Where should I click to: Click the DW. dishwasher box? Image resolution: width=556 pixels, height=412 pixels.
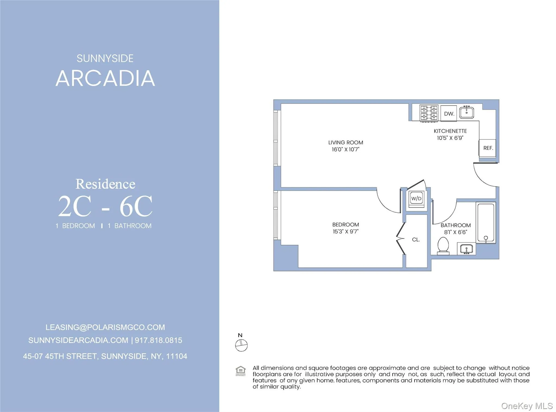click(448, 113)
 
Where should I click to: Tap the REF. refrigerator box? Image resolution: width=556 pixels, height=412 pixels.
click(488, 148)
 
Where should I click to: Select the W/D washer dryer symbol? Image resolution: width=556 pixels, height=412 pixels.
click(416, 198)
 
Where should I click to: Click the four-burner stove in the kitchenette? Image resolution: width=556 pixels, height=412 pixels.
click(429, 113)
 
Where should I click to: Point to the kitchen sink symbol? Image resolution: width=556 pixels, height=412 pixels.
click(466, 113)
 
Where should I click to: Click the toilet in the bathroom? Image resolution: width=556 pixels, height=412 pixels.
click(443, 246)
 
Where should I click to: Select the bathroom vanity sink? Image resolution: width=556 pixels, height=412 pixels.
click(466, 249)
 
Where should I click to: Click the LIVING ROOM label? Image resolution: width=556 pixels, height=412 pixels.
click(345, 142)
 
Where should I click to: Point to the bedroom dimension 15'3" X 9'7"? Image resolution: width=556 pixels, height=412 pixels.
click(345, 232)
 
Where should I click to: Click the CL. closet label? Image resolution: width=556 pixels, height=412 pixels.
click(416, 240)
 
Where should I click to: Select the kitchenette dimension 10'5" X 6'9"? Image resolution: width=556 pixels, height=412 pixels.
click(450, 138)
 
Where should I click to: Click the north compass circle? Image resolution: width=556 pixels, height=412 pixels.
click(241, 346)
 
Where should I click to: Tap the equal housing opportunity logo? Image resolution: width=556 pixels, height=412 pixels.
click(241, 371)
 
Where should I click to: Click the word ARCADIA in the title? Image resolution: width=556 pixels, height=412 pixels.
click(105, 79)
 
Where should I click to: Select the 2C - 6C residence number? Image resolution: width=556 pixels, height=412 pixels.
click(105, 207)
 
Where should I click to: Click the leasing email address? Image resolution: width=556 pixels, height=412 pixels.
click(105, 327)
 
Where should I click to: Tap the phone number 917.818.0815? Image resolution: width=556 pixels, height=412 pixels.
click(158, 340)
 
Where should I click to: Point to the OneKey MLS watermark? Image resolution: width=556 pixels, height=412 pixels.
click(527, 406)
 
